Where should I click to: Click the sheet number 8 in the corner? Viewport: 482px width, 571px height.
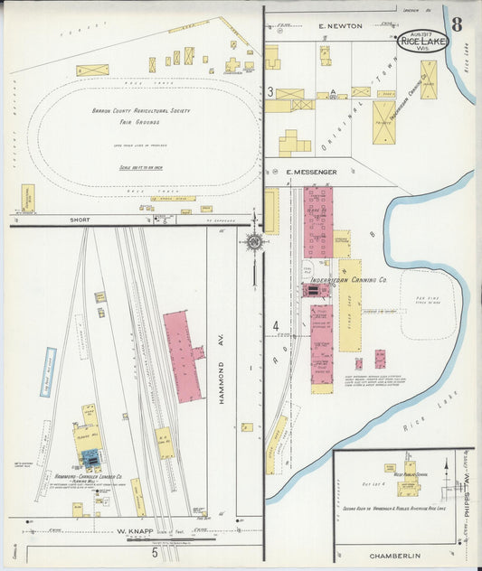coord(458,23)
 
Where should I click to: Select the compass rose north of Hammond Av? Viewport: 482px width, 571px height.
coord(255,241)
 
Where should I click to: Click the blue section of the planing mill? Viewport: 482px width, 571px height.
coord(91,457)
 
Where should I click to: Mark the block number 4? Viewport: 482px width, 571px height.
coord(275,326)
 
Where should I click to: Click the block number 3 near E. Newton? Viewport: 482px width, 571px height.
coord(270,91)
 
